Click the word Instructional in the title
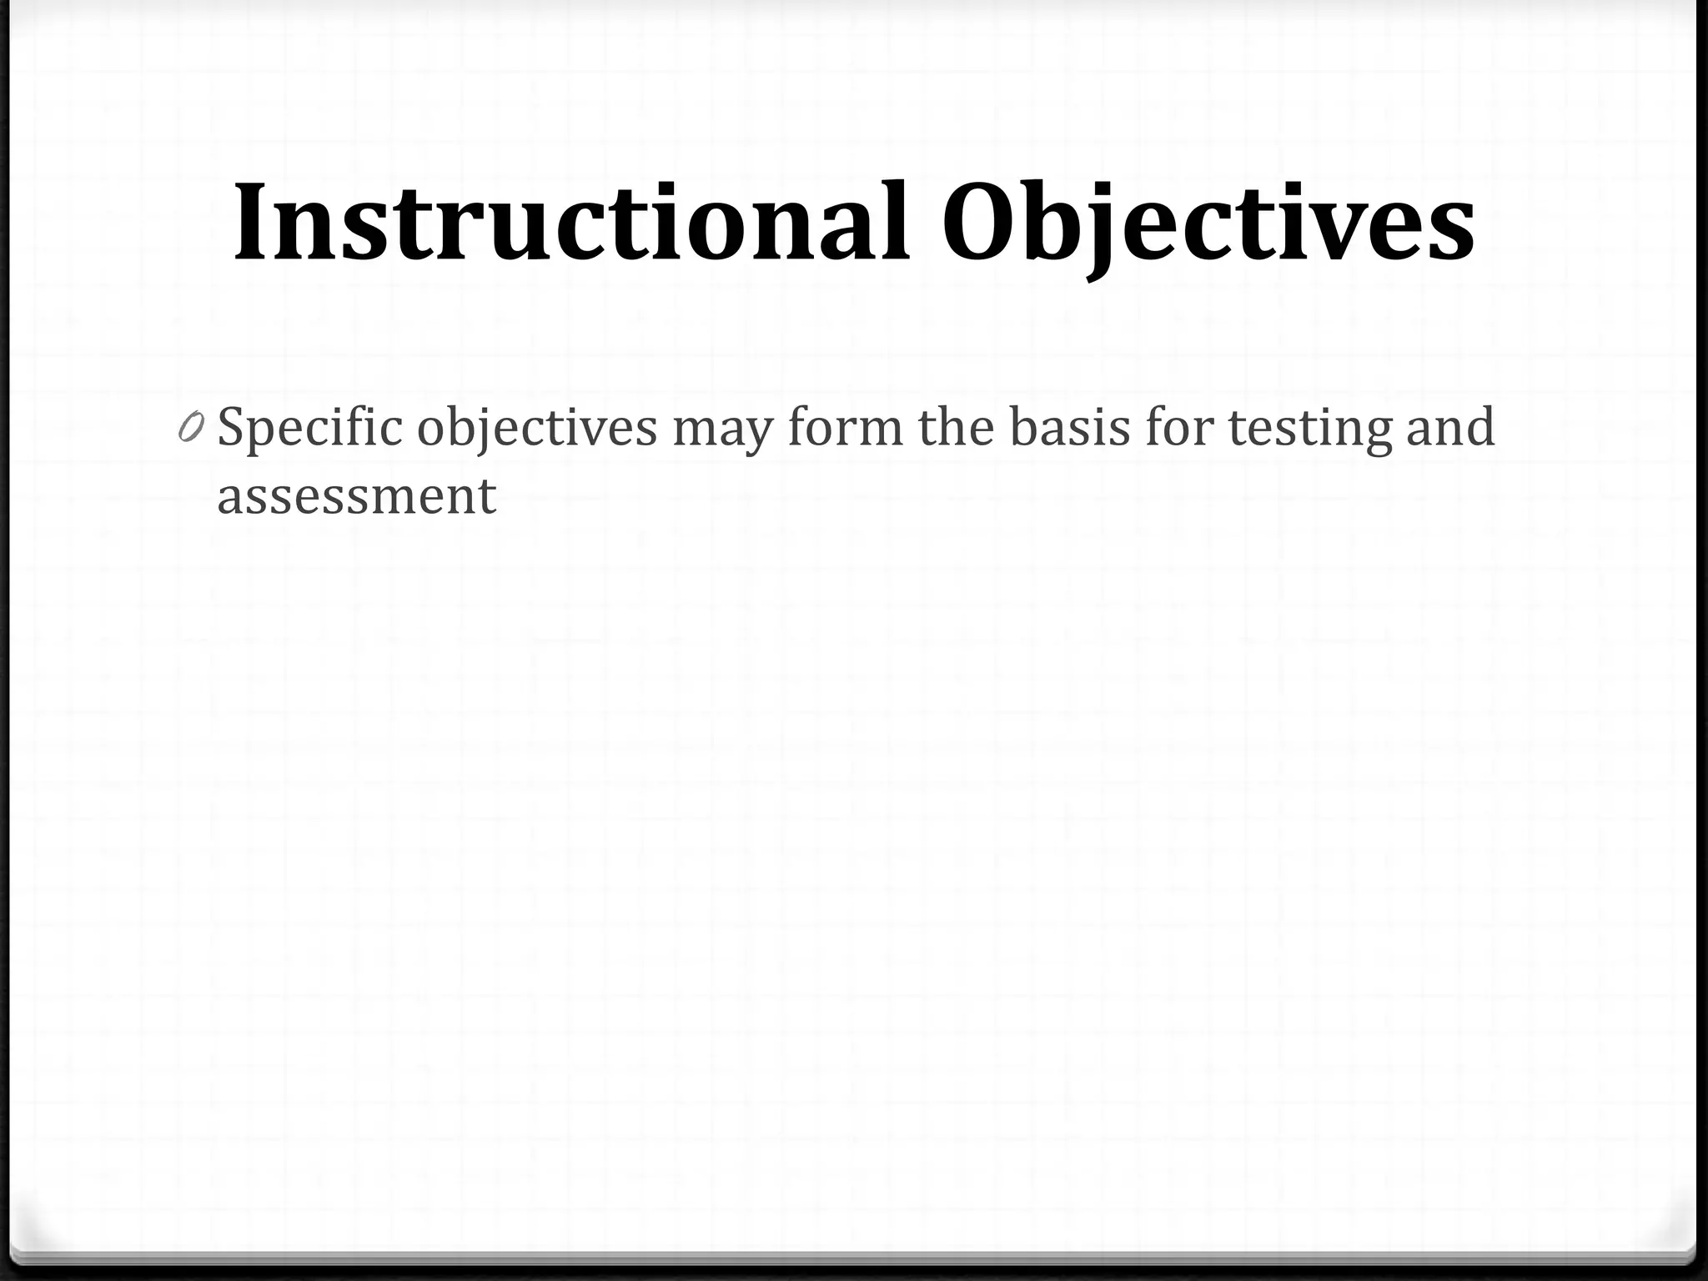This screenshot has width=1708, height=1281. (x=571, y=224)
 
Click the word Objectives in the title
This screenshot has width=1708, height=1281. (x=1208, y=224)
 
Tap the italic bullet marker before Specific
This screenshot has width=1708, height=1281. (x=190, y=429)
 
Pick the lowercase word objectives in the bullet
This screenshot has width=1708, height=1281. (x=536, y=429)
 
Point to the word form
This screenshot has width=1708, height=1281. (x=844, y=427)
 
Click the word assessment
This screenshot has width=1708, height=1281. (x=356, y=497)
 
